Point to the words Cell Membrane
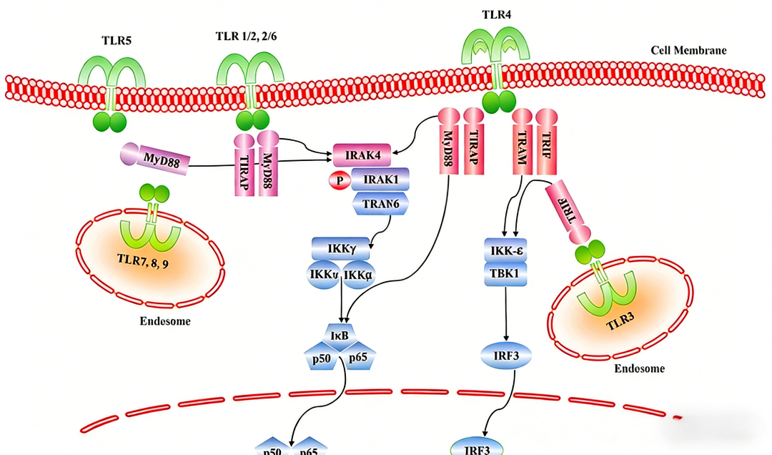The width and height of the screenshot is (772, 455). pyautogui.click(x=688, y=50)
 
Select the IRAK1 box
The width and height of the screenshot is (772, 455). pyautogui.click(x=380, y=179)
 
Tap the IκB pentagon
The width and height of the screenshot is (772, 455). pyautogui.click(x=340, y=334)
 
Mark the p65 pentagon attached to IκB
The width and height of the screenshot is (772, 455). pyautogui.click(x=361, y=358)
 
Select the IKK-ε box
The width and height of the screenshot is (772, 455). pyautogui.click(x=505, y=250)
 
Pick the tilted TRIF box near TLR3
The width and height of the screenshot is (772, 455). pyautogui.click(x=565, y=208)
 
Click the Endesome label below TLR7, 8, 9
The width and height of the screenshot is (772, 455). pyautogui.click(x=164, y=321)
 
